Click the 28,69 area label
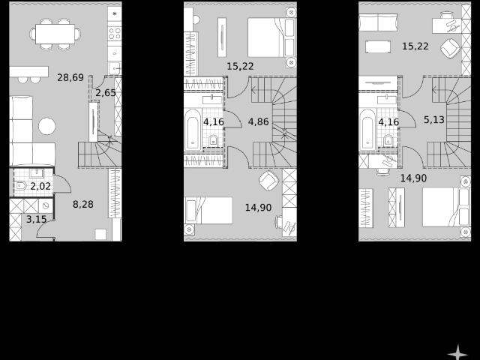[x=70, y=77]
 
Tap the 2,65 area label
[x=106, y=92]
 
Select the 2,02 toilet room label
[x=40, y=186]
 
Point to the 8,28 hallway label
[x=83, y=204]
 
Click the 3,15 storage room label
[x=37, y=219]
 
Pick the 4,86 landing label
[x=258, y=121]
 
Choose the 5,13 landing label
[x=434, y=120]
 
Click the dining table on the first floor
[x=55, y=34]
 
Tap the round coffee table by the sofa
[x=47, y=126]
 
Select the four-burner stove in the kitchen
[x=115, y=33]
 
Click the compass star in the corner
[x=457, y=352]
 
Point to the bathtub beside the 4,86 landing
[x=193, y=130]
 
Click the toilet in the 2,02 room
[x=21, y=185]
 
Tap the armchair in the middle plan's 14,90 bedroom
[x=269, y=181]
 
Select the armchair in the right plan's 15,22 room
[x=451, y=48]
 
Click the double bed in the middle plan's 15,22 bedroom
[x=271, y=37]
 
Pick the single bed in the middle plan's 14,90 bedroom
[x=208, y=210]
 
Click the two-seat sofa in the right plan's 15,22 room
[x=378, y=22]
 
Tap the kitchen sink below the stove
[x=115, y=68]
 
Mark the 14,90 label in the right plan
[x=413, y=178]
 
